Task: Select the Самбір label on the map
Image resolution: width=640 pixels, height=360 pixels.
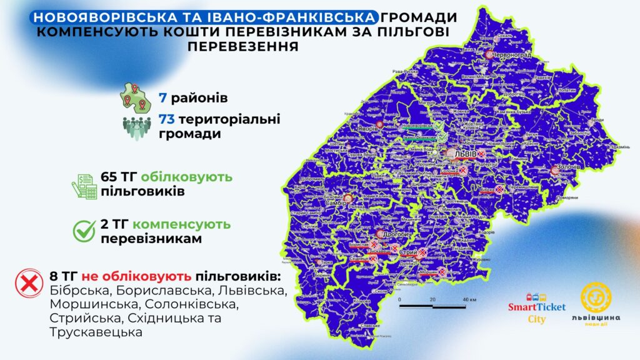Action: coord(336,202)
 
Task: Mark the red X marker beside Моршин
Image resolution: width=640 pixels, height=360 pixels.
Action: coord(442,272)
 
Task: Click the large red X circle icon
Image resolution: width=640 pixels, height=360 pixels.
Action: coord(28,283)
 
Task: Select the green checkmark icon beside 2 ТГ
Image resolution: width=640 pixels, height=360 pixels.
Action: coord(84,231)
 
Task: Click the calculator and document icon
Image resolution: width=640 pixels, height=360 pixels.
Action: coord(84,185)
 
